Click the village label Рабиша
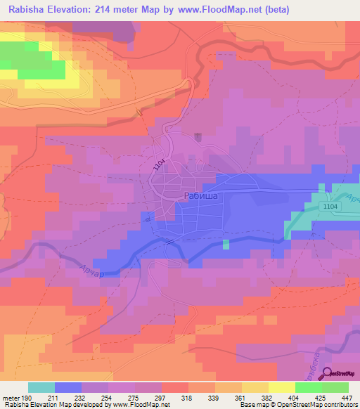[201, 197]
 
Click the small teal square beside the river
[226, 244]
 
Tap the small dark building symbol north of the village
[198, 136]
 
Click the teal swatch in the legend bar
[41, 387]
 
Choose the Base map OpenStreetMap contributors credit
[298, 405]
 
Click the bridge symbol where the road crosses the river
[169, 241]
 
